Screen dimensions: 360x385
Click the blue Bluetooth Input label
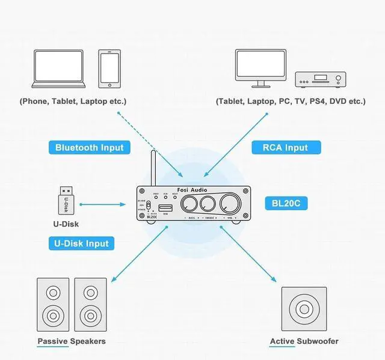(x=89, y=147)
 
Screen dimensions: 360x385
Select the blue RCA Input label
(x=285, y=147)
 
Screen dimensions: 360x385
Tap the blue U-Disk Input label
(x=81, y=243)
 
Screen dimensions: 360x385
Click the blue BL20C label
(x=286, y=204)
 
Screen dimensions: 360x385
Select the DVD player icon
(x=321, y=79)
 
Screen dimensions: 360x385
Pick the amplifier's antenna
(x=153, y=168)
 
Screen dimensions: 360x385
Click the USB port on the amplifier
(x=165, y=207)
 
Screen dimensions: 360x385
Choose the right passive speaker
(x=90, y=304)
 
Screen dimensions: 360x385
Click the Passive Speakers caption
(x=71, y=341)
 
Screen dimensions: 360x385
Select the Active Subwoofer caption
(x=304, y=341)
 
